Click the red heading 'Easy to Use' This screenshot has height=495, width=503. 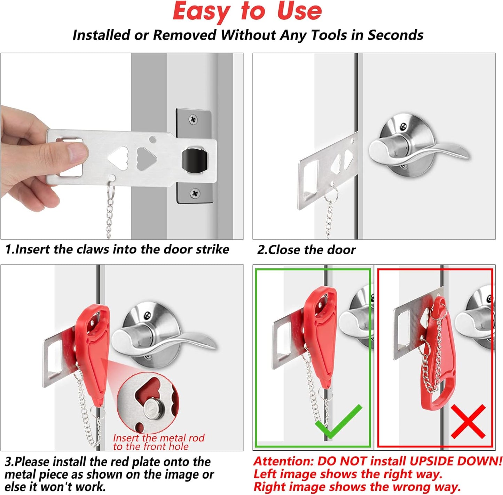247,12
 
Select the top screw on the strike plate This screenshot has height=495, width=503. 193,120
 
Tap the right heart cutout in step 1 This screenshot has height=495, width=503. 145,158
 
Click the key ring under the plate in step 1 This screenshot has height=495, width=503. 111,190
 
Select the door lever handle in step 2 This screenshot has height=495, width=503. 418,150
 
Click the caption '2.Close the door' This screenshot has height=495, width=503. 306,250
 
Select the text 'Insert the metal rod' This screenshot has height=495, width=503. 159,438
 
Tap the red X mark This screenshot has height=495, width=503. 468,421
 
